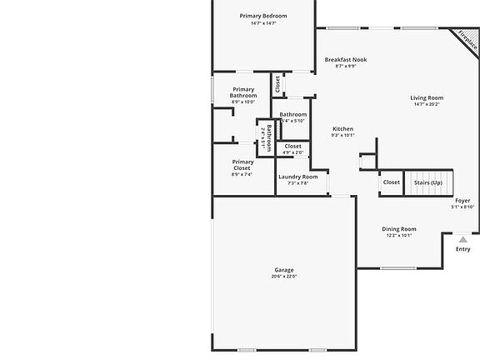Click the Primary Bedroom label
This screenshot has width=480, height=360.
point(263,16)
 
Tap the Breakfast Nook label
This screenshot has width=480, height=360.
point(346,59)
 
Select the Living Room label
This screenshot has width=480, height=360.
point(427,97)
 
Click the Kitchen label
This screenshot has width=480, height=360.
point(342,129)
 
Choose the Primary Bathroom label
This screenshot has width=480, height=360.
point(243,92)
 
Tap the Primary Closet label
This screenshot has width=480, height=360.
point(242,165)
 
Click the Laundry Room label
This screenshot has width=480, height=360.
point(297,177)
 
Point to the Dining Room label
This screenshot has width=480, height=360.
point(399,228)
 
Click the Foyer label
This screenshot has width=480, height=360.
point(462,200)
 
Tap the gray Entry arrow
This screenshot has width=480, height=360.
point(462,239)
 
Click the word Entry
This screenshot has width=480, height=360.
point(462,249)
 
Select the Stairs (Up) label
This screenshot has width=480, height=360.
point(425,182)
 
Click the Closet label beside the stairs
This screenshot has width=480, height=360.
point(391,182)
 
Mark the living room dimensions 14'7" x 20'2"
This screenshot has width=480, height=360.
point(427,104)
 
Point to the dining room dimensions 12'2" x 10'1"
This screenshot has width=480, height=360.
point(399,235)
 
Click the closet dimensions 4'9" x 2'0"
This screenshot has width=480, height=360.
point(292,152)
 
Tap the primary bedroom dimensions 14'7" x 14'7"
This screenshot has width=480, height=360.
point(263,23)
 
